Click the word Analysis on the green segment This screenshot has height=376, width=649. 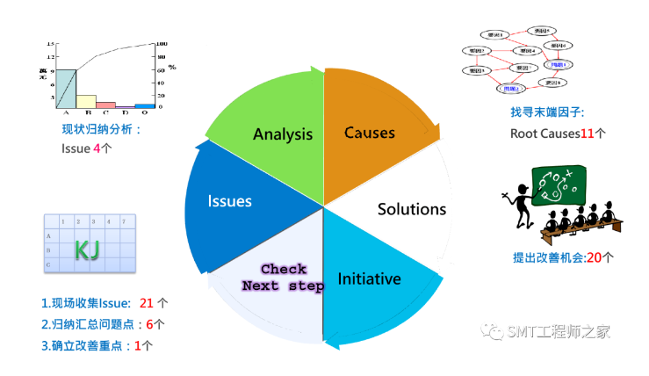283,134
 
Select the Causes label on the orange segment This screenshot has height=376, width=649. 370,133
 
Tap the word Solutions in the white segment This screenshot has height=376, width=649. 412,209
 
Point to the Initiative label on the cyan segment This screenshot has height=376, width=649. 370,279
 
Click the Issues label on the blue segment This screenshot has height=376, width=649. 230,201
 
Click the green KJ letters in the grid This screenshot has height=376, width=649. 86,250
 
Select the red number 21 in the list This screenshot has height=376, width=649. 147,303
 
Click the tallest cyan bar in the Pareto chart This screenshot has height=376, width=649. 66,89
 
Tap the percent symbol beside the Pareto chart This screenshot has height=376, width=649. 172,67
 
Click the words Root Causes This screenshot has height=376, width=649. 544,134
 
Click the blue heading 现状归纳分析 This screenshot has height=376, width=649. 100,129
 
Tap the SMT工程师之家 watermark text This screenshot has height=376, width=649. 558,331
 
